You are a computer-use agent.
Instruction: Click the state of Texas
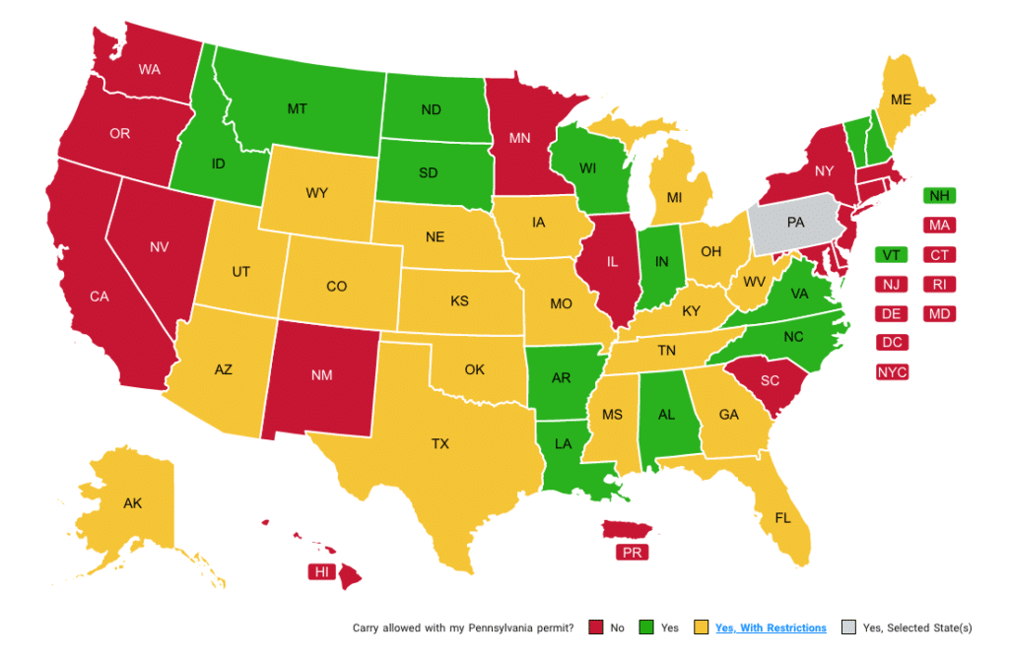[x=439, y=445]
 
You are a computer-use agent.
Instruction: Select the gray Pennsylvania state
[x=796, y=225]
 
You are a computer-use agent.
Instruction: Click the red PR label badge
[x=632, y=553]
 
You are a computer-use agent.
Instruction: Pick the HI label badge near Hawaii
[x=321, y=572]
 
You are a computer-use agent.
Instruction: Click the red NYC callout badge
[x=893, y=372]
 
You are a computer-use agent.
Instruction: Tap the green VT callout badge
[x=891, y=255]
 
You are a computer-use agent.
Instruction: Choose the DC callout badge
[x=892, y=343]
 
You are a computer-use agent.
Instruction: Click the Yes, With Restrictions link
[x=771, y=627]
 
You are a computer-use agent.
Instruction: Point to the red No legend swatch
[x=595, y=627]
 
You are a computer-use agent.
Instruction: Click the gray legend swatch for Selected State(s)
[x=848, y=627]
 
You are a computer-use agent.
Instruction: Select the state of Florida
[x=784, y=518]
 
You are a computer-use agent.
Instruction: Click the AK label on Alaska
[x=133, y=503]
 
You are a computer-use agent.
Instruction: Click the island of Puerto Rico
[x=631, y=530]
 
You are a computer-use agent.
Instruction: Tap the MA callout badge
[x=938, y=226]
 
